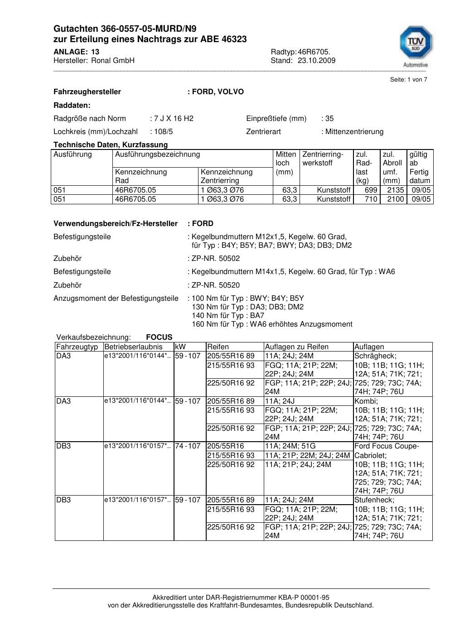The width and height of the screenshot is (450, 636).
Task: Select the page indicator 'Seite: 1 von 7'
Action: pyautogui.click(x=408, y=80)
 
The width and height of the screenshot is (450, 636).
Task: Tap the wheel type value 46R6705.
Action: pyautogui.click(x=314, y=52)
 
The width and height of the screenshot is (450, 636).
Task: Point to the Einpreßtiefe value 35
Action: pyautogui.click(x=329, y=119)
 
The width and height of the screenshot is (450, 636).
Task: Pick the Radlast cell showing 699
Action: pyautogui.click(x=371, y=190)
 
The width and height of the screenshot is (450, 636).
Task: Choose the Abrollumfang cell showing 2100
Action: pyautogui.click(x=395, y=199)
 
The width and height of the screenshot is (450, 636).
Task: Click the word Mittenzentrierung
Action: pyautogui.click(x=354, y=132)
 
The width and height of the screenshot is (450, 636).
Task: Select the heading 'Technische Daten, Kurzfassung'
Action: pyautogui.click(x=111, y=145)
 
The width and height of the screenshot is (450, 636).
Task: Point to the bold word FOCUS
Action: pyautogui.click(x=159, y=337)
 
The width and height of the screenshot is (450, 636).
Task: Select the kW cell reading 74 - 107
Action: pyautogui.click(x=188, y=446)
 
